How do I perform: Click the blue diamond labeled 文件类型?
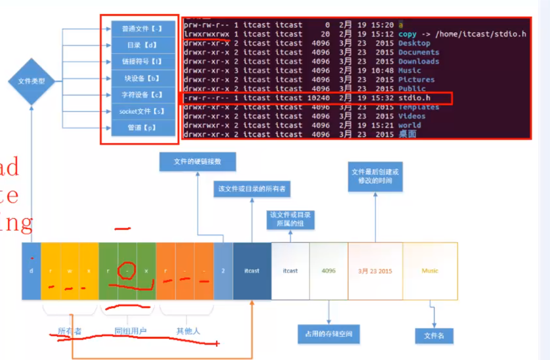coord(31,82)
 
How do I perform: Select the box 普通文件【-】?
coord(142,29)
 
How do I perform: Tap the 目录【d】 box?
coord(142,45)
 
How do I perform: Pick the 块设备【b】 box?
coord(142,78)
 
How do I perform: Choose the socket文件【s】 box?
coord(142,111)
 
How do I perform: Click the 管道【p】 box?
coord(142,128)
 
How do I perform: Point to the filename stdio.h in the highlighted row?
coord(414,98)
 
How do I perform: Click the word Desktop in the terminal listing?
coord(414,43)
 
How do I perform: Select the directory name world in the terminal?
coord(409,125)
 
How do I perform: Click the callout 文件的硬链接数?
coord(197,162)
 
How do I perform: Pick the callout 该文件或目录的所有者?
coord(252,189)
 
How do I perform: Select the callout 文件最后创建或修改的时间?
coord(375,176)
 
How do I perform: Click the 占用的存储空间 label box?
coord(328,334)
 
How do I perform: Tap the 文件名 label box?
coord(434,335)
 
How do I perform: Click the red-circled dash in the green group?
coord(127,271)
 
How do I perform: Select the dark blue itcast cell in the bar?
coord(252,271)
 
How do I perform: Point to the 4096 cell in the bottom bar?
coord(328,271)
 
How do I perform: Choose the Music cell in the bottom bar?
coord(430,271)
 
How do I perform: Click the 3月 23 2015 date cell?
coord(375,271)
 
